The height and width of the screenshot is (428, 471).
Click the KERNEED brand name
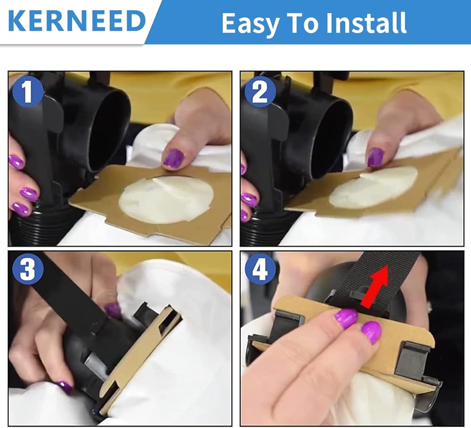click(x=77, y=21)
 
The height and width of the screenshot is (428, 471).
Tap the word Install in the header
click(x=366, y=22)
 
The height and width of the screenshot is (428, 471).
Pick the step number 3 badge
click(x=28, y=269)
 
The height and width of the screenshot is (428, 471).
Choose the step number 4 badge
click(x=260, y=269)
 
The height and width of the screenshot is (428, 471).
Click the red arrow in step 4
click(x=374, y=286)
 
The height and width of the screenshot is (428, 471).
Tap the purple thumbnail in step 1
click(x=173, y=158)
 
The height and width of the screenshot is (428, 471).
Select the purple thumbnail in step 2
click(x=375, y=157)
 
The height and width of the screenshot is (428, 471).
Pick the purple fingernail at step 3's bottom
click(x=64, y=387)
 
